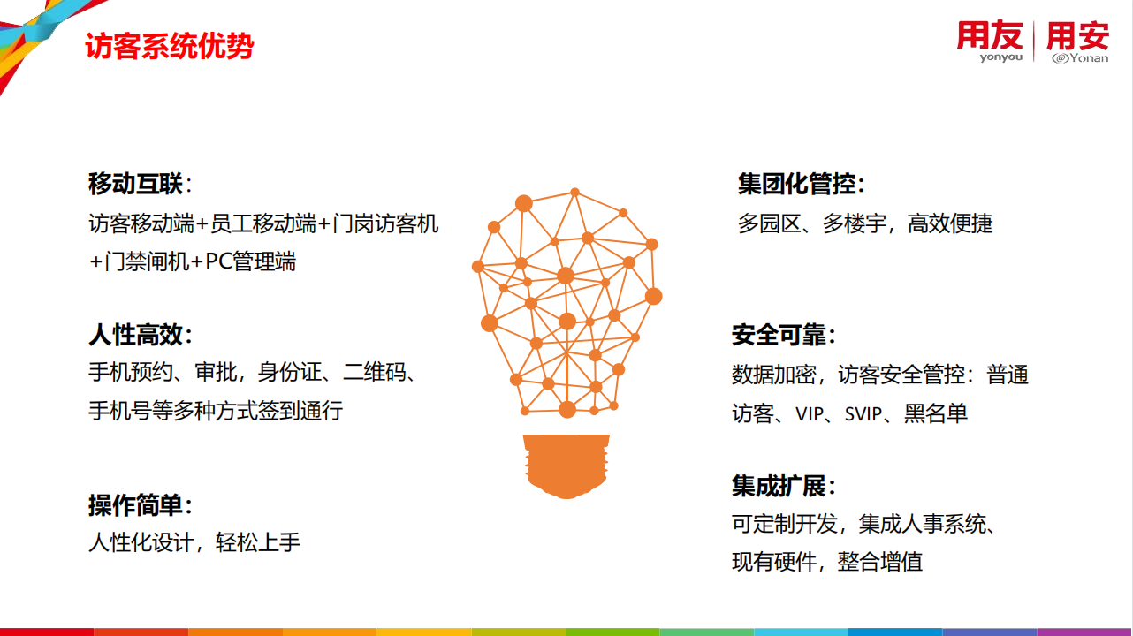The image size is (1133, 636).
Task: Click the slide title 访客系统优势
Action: click(170, 47)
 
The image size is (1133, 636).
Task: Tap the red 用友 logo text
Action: click(989, 35)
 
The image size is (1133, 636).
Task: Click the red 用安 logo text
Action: click(1078, 36)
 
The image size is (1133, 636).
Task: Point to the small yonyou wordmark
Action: click(1001, 57)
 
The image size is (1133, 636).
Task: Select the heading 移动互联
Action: click(135, 183)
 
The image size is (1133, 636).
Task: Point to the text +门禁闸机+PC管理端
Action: click(192, 261)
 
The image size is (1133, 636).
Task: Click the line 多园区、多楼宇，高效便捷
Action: click(865, 224)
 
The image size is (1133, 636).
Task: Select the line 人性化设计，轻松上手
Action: click(194, 543)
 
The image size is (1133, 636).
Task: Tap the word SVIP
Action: click(863, 414)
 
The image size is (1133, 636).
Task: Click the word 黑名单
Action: click(936, 413)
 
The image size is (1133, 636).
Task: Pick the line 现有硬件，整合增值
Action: click(827, 562)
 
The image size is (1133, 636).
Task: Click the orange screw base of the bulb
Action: click(566, 466)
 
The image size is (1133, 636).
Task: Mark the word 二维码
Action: click(375, 373)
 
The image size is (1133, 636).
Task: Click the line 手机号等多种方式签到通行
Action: click(216, 411)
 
